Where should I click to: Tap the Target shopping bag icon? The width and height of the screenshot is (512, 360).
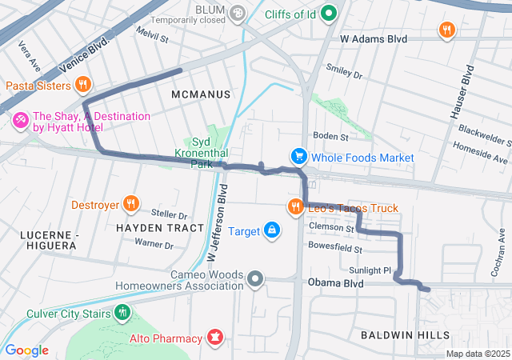point(273,231)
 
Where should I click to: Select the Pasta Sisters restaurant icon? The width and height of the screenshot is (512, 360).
point(82,84)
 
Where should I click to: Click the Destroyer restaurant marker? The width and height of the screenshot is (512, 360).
point(131,204)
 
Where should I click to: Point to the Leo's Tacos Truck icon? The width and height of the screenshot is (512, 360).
point(296,208)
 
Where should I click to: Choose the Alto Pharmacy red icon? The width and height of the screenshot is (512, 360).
point(214,338)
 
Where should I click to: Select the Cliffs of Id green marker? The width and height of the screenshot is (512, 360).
point(329,14)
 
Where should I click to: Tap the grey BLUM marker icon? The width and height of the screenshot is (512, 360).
point(237,13)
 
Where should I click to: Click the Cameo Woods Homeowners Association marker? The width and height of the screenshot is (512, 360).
point(255,279)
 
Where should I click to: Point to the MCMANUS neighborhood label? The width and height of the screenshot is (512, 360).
point(201,94)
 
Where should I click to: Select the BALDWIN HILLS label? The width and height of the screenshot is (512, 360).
point(405,334)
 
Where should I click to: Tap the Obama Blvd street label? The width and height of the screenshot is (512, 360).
point(335,283)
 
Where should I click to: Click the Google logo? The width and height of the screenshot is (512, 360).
point(26,350)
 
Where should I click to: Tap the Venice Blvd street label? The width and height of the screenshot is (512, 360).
point(87,54)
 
